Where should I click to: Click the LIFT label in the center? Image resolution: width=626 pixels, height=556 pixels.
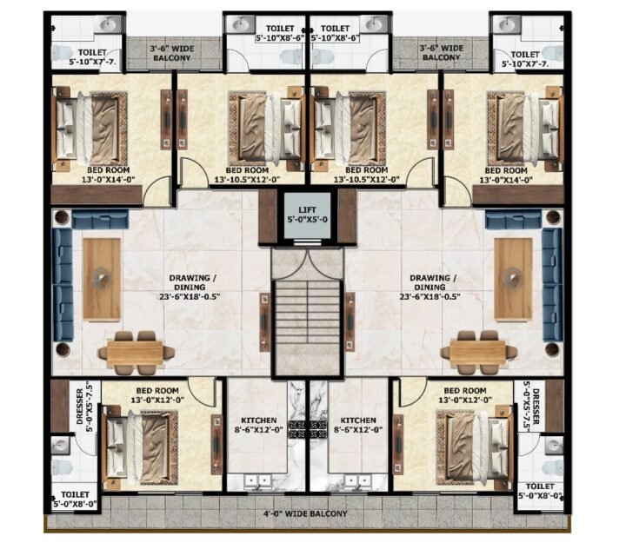[308, 209]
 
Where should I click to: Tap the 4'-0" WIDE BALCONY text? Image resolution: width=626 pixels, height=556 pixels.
[305, 513]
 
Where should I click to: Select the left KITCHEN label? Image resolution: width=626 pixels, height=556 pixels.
[259, 420]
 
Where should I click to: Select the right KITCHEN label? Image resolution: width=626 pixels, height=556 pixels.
[358, 420]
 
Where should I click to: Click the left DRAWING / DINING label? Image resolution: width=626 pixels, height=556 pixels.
[190, 282]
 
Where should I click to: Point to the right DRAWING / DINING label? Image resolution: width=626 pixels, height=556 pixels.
[430, 282]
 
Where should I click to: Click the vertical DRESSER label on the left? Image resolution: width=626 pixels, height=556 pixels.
[79, 407]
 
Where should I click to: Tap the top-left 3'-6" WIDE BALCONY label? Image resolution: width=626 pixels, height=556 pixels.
[171, 53]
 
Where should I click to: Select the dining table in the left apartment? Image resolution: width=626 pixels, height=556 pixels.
[136, 353]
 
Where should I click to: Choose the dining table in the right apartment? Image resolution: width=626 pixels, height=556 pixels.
[478, 353]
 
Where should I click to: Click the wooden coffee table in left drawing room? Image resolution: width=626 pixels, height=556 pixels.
[102, 279]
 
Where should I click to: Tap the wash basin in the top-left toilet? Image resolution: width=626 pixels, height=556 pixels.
[108, 24]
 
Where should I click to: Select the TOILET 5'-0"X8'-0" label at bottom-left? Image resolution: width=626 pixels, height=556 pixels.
[76, 500]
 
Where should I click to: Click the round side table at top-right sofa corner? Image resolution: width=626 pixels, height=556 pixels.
[553, 217]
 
